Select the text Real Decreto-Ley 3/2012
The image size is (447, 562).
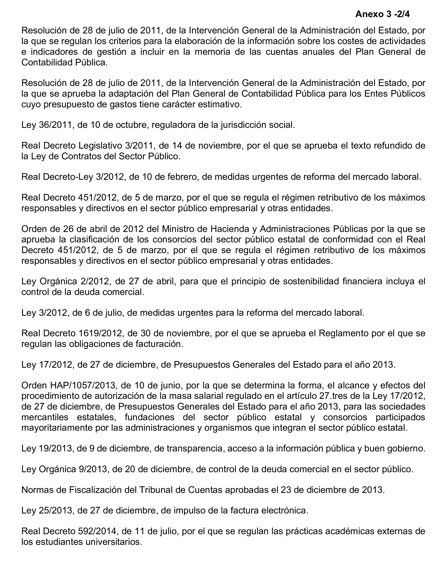73,177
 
